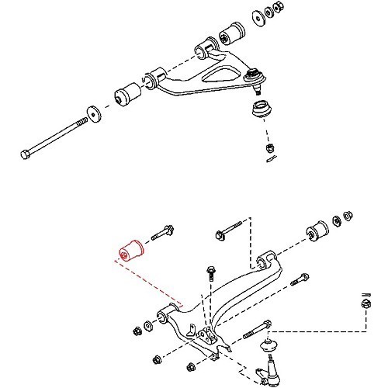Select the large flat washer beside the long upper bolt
point(92,113)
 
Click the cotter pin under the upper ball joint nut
point(269,160)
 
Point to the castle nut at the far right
point(362,308)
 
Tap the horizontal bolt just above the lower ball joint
point(256,329)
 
